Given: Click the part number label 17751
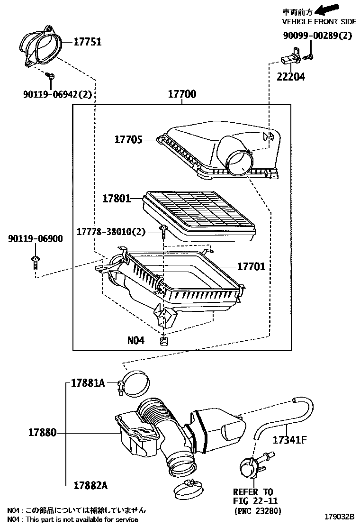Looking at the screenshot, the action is coord(87,42).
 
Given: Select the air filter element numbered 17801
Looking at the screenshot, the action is coord(199,216).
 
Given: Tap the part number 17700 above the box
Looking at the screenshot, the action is coord(182,94).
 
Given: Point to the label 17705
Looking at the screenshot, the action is coord(128,139).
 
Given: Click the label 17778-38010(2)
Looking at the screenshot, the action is coord(111,232).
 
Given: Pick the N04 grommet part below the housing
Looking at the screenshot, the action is coord(164,341).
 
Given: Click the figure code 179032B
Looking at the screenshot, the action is coord(339,516).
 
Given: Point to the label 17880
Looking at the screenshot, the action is coord(42,432).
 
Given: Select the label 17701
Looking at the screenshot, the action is coord(251,266).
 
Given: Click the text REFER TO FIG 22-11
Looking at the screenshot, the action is coord(256,496).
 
